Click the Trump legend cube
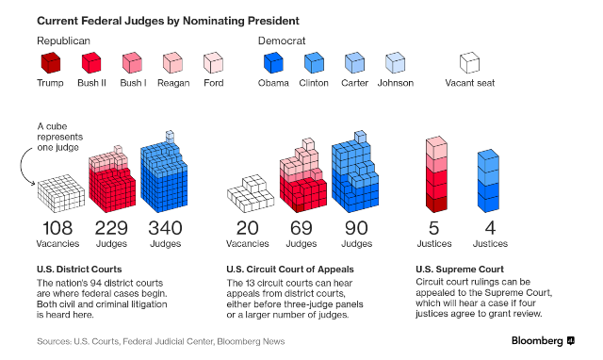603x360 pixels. click(x=51, y=63)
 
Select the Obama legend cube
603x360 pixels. click(x=273, y=63)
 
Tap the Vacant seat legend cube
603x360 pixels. click(x=469, y=63)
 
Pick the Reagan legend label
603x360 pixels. click(x=173, y=83)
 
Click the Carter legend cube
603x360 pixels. click(x=354, y=63)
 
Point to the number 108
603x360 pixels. click(x=57, y=228)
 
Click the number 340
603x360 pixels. click(x=166, y=228)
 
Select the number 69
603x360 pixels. click(x=301, y=228)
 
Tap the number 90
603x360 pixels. click(x=356, y=228)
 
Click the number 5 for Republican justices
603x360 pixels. click(x=433, y=228)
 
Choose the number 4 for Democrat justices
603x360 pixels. click(x=490, y=228)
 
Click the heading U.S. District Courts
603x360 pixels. click(x=79, y=270)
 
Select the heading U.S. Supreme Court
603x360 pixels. click(x=460, y=270)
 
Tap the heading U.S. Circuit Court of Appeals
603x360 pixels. click(x=290, y=270)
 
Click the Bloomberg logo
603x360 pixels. click(x=543, y=341)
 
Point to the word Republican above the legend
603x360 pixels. click(x=63, y=41)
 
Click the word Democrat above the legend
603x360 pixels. click(x=282, y=41)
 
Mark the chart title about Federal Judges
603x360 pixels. click(x=168, y=21)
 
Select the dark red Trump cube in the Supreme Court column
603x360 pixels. click(x=436, y=204)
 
